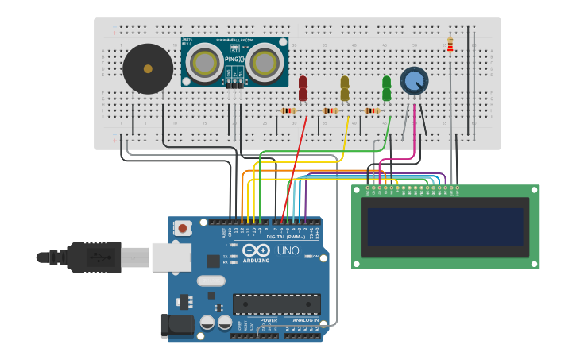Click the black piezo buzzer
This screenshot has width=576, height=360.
148,69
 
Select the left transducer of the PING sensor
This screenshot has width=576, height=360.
204,62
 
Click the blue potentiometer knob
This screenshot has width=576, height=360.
414,80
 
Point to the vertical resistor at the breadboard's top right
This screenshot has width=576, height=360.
450,45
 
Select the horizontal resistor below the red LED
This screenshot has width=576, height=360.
288,110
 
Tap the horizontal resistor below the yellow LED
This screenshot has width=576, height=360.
331,110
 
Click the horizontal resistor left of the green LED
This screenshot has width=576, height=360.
372,110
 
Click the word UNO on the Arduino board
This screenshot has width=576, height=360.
288,250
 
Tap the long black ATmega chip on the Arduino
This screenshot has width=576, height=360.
276,304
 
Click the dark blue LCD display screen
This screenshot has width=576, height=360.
445,226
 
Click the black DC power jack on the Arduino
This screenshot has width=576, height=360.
176,325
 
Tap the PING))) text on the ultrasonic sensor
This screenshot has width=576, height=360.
234,59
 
